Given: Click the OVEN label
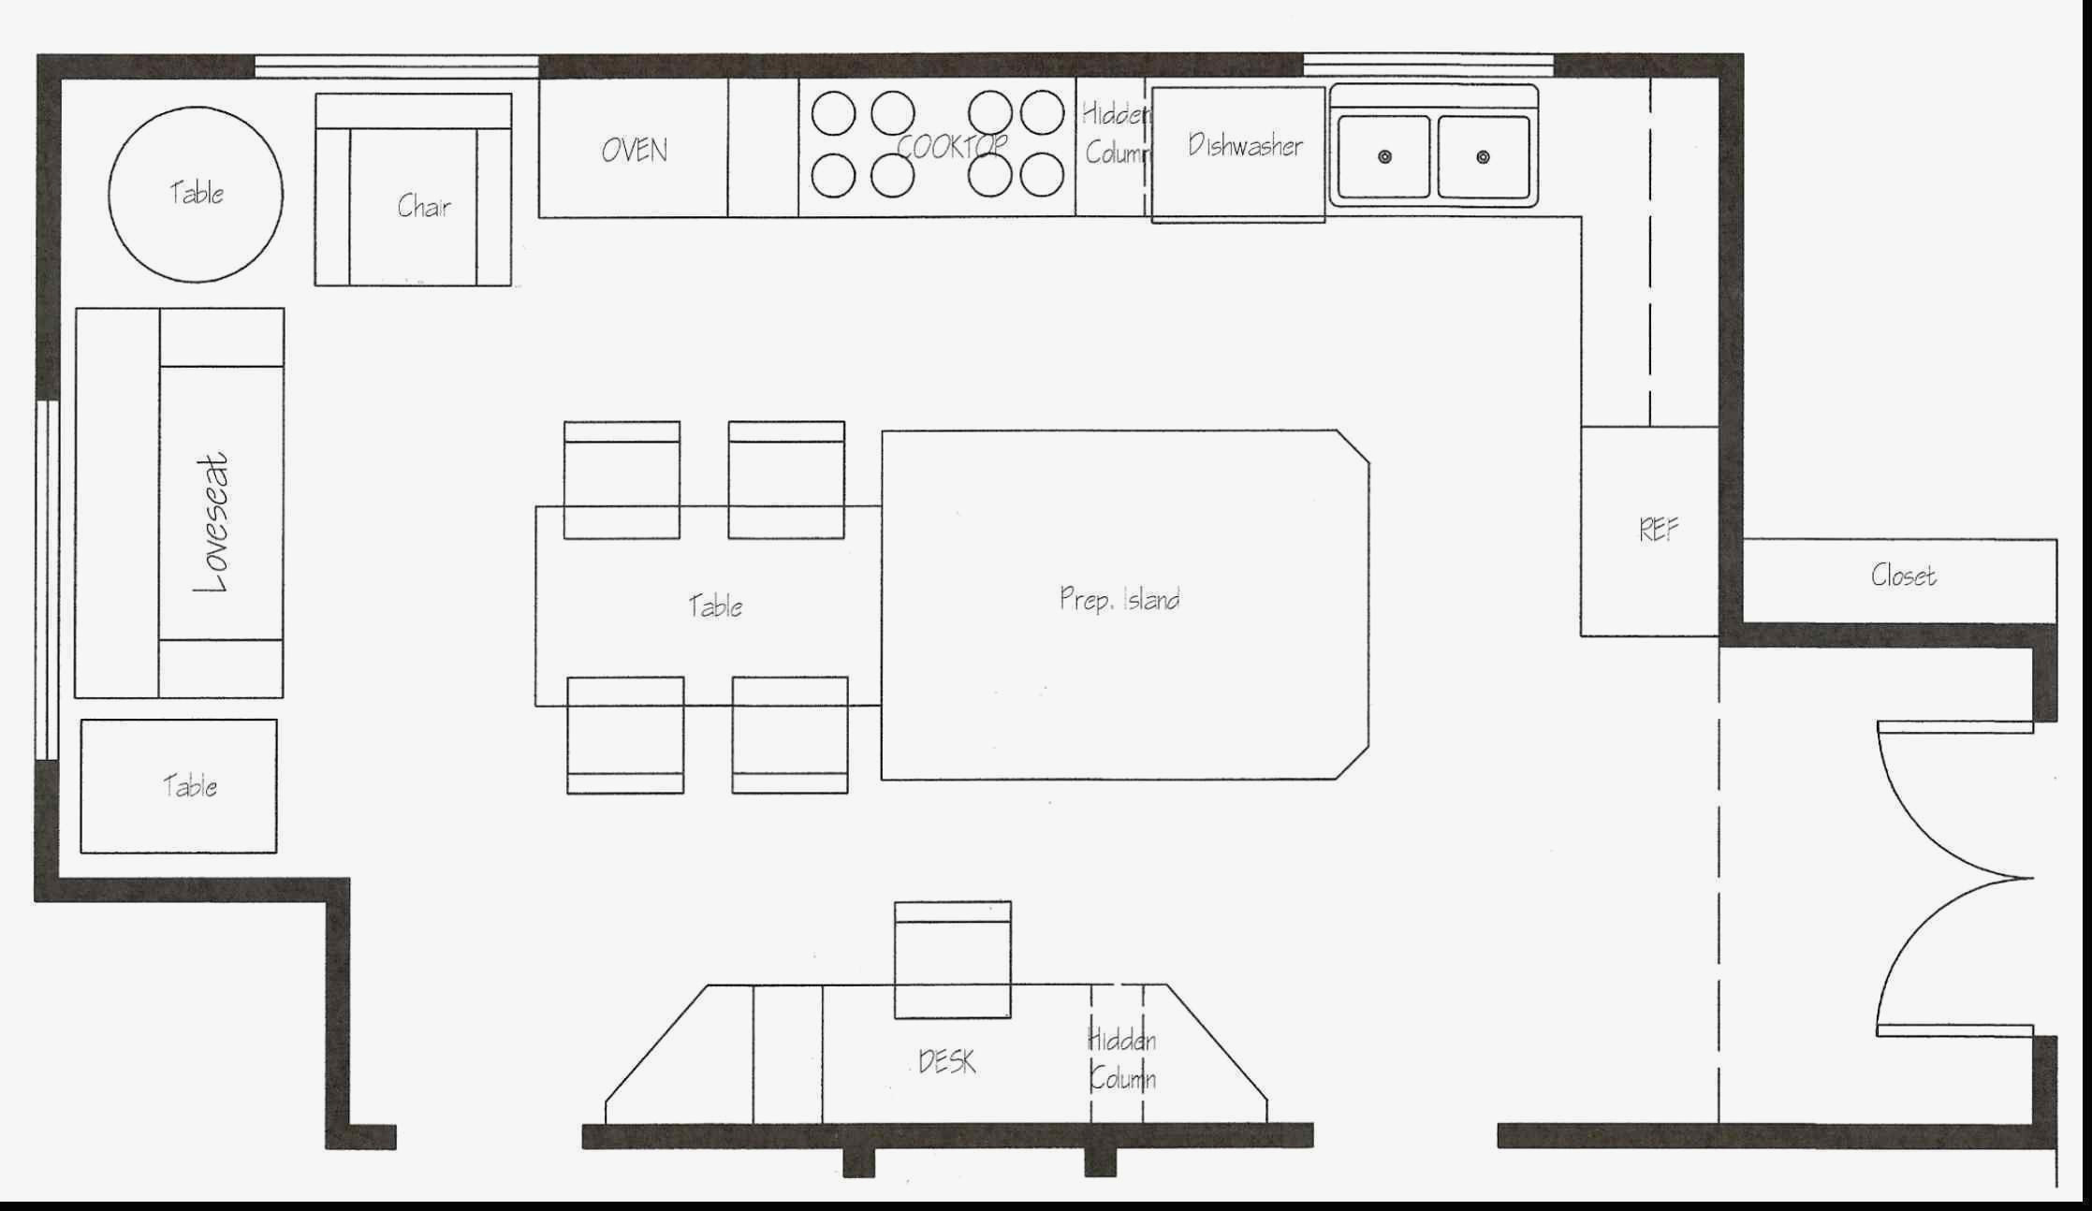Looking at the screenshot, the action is (635, 150).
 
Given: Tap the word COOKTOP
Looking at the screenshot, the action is (952, 146).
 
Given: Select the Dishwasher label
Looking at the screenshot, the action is (1245, 145).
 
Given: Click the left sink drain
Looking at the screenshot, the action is (1384, 156).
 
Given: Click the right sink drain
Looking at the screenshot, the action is (1483, 156).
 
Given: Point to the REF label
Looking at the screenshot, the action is (1659, 531).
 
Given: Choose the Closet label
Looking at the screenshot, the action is (1903, 575).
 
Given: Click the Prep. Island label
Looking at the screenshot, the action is (1119, 599).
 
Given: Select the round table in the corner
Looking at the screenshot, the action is (196, 194).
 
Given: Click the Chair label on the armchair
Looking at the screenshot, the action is (424, 206).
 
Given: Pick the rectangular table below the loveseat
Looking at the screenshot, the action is (179, 786).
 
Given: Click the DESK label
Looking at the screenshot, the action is (946, 1061).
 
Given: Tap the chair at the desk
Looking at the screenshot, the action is (953, 959).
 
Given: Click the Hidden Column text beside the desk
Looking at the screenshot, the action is (1121, 1059).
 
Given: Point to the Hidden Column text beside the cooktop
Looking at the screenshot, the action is (1116, 133).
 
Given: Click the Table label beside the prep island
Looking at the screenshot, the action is (715, 605).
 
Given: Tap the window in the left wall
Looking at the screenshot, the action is (48, 580).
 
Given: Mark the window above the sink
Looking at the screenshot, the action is (1428, 66).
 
